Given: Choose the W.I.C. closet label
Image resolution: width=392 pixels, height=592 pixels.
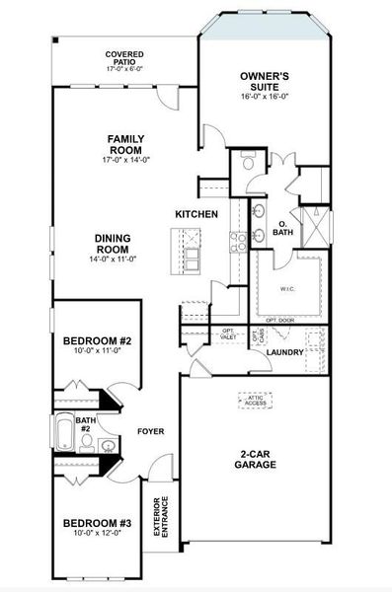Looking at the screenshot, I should click(x=285, y=289).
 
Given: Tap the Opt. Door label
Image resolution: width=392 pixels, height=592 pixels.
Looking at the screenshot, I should click(x=279, y=320).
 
